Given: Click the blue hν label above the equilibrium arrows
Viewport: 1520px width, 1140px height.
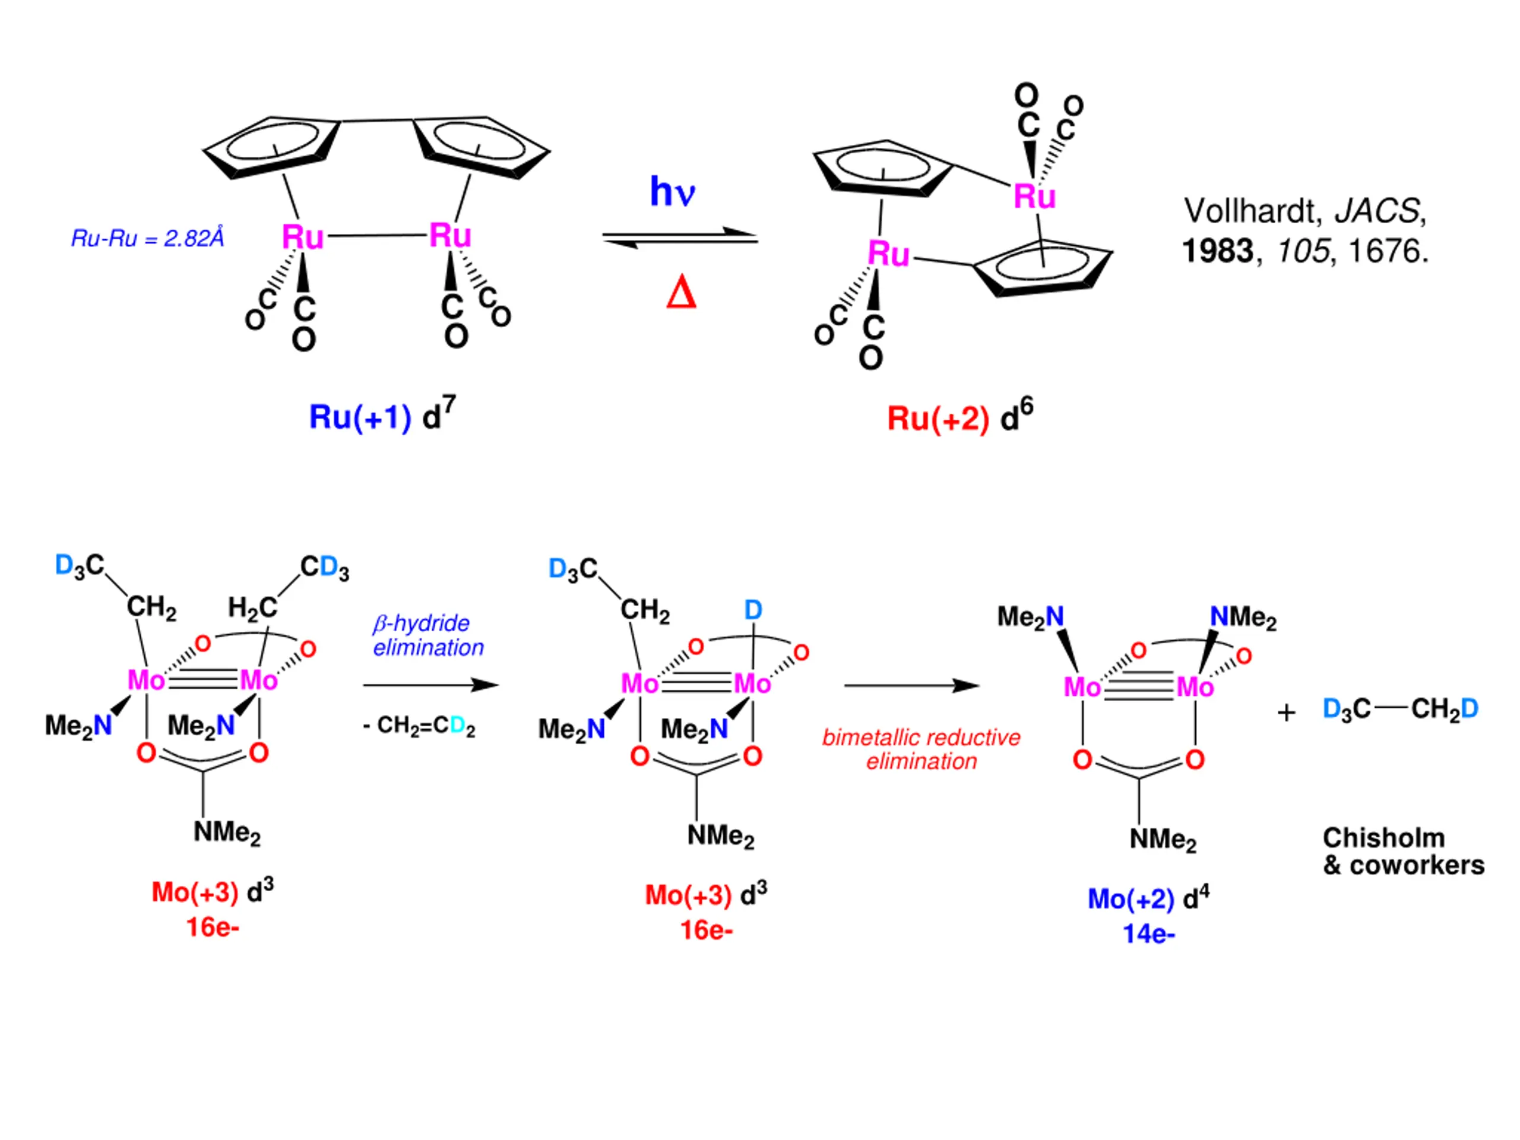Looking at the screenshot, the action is [672, 191].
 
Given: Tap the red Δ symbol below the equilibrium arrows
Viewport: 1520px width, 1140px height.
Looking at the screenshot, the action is [681, 293].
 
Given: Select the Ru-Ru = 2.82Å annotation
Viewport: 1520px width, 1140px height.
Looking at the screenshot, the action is [148, 239].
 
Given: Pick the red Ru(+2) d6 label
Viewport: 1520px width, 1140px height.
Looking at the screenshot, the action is [960, 416].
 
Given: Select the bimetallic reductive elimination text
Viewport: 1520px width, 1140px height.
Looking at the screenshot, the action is [921, 749].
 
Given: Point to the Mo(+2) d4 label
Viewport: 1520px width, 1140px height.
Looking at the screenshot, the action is [1148, 898].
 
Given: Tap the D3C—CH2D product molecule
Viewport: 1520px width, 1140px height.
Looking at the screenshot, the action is [1401, 709].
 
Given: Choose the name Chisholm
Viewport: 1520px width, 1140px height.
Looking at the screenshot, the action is [1384, 838].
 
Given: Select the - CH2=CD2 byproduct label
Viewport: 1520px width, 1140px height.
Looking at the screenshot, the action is [419, 726].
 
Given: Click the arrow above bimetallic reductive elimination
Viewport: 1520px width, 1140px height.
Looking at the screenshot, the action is [911, 685].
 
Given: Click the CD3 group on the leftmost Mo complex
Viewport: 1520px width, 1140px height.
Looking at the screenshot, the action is [324, 568].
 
